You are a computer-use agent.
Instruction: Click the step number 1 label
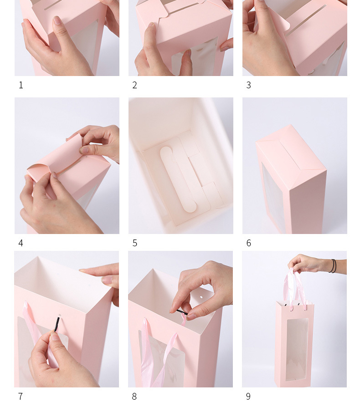pyautogui.click(x=21, y=85)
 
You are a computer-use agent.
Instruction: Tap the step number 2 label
pyautogui.click(x=134, y=85)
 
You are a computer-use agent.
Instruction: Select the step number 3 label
pyautogui.click(x=248, y=85)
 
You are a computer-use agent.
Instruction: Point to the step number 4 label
pyautogui.click(x=21, y=243)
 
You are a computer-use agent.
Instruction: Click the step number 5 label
pyautogui.click(x=134, y=243)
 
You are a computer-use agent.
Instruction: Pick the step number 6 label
pyautogui.click(x=248, y=243)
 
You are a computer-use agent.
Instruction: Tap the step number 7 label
pyautogui.click(x=21, y=397)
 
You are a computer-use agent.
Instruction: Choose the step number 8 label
pyautogui.click(x=134, y=397)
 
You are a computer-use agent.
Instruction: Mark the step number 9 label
pyautogui.click(x=248, y=397)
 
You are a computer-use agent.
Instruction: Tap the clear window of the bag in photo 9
pyautogui.click(x=297, y=349)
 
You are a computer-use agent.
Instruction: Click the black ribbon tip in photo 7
pyautogui.click(x=57, y=324)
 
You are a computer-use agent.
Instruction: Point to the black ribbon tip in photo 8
pyautogui.click(x=182, y=312)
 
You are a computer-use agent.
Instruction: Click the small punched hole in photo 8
pyautogui.click(x=201, y=297)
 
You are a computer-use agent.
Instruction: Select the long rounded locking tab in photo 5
pyautogui.click(x=178, y=179)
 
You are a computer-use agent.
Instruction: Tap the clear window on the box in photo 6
pyautogui.click(x=274, y=197)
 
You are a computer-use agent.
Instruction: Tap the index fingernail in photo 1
pyautogui.click(x=57, y=20)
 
